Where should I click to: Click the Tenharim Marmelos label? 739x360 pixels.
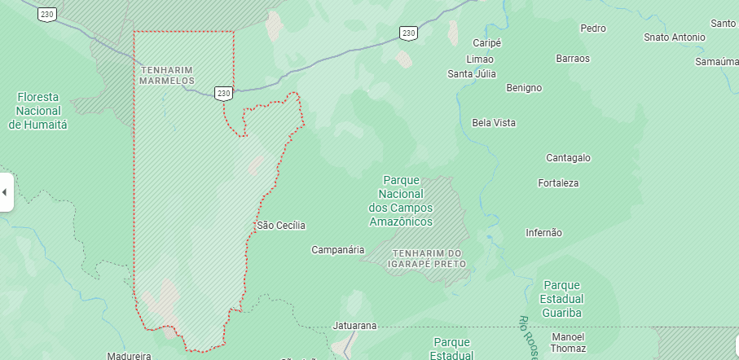(x=166, y=76)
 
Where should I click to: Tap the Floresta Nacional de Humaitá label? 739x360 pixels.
(x=38, y=111)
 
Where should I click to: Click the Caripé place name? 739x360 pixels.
(x=487, y=42)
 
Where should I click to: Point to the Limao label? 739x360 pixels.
(x=480, y=59)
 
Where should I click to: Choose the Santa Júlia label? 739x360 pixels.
(x=472, y=74)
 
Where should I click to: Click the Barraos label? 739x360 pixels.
(x=573, y=59)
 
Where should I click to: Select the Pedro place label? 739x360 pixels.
(x=593, y=29)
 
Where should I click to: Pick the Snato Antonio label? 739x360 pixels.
(x=674, y=37)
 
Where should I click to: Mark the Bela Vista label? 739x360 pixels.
(x=494, y=123)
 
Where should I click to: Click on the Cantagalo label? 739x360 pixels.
(x=568, y=157)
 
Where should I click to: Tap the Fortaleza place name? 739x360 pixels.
(x=558, y=183)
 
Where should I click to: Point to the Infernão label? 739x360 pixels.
(x=543, y=233)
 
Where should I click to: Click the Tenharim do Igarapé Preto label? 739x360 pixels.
(x=429, y=258)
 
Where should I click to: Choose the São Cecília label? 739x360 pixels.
(x=281, y=225)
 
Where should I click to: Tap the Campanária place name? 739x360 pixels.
(x=338, y=250)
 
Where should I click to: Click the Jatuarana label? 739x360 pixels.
(x=355, y=326)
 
